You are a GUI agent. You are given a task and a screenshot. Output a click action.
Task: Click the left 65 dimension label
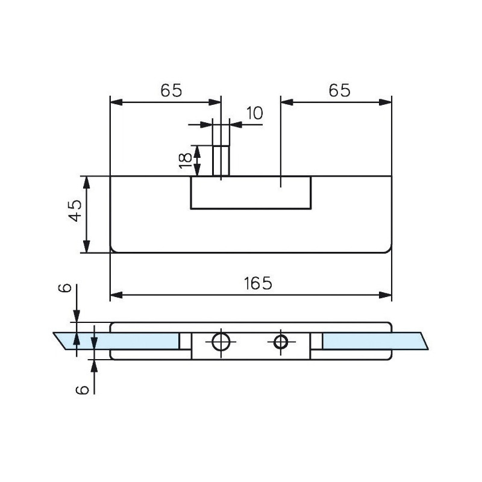coord(171,90)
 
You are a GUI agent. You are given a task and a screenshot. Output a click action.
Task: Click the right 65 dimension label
coord(339,90)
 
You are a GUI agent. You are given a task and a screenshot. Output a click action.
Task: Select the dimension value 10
coord(254,114)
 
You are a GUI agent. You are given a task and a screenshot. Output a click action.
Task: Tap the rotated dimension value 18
coord(186,159)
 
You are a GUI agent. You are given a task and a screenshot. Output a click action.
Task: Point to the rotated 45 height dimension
coord(74,211)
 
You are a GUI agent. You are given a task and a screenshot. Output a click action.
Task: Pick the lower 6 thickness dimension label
coord(84,389)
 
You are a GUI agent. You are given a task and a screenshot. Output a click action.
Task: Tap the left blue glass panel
coord(120,340)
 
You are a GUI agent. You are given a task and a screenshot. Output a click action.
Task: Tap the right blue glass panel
coord(374,340)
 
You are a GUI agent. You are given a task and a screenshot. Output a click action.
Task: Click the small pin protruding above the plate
coord(221,160)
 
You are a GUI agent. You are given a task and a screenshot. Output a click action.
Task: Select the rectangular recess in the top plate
coord(251,193)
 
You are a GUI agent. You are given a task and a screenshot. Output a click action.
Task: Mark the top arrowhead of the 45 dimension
coord(87,183)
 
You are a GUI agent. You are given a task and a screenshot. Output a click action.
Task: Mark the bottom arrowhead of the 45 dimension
coord(87,246)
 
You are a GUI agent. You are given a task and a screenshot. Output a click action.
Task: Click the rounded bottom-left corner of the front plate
coord(114,249)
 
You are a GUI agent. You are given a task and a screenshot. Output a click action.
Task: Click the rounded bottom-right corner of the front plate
coord(387,249)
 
